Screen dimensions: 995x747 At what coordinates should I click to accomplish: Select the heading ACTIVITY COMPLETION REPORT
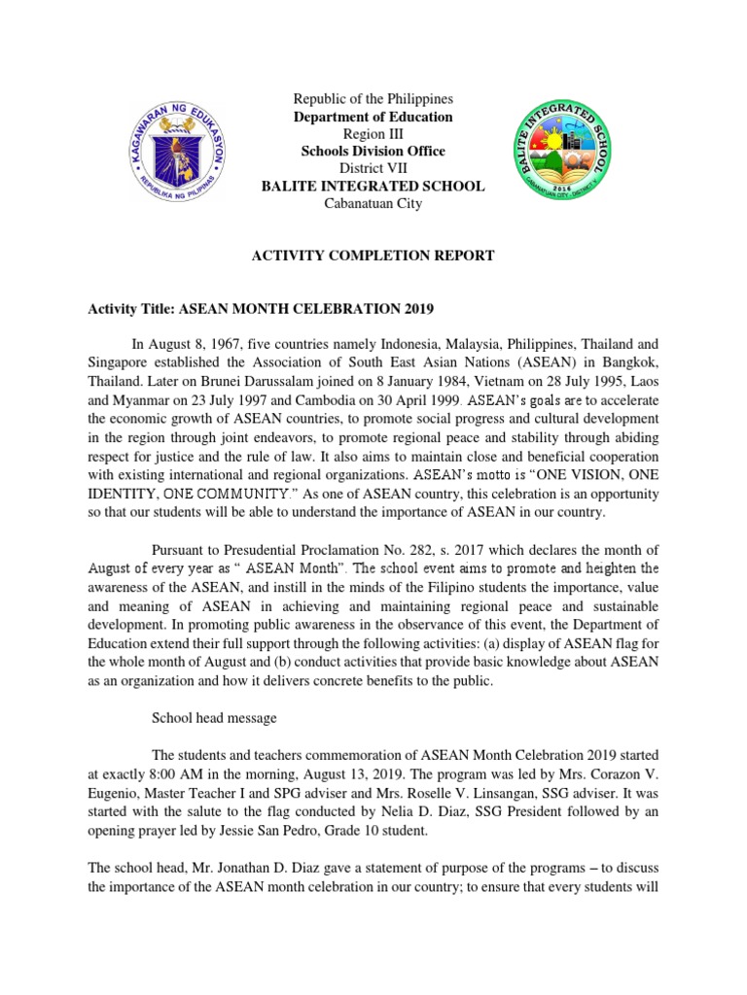pos(373,256)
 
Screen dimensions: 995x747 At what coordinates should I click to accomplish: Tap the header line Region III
pos(373,134)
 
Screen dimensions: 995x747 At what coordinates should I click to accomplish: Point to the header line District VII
pos(373,168)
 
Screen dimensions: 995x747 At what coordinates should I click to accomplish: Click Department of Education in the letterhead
pos(373,117)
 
